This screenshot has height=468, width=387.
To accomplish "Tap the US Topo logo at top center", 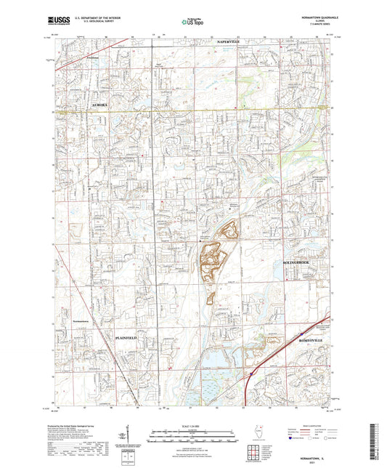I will click(192, 23).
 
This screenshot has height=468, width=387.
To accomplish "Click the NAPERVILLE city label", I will click(232, 44).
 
